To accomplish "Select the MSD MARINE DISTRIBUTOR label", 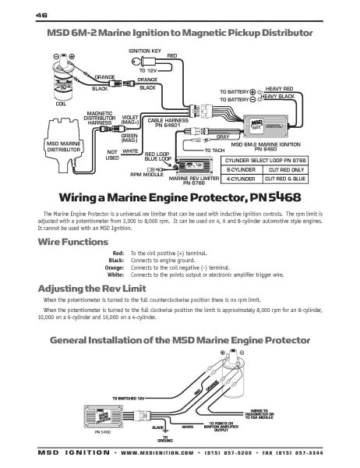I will pos(63,146).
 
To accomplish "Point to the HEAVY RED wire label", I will pos(280,89).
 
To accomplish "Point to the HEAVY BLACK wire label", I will pos(281,97).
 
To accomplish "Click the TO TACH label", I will pos(214,149).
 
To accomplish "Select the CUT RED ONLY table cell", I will pos(288,168).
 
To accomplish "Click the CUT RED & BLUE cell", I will pos(288,177).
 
